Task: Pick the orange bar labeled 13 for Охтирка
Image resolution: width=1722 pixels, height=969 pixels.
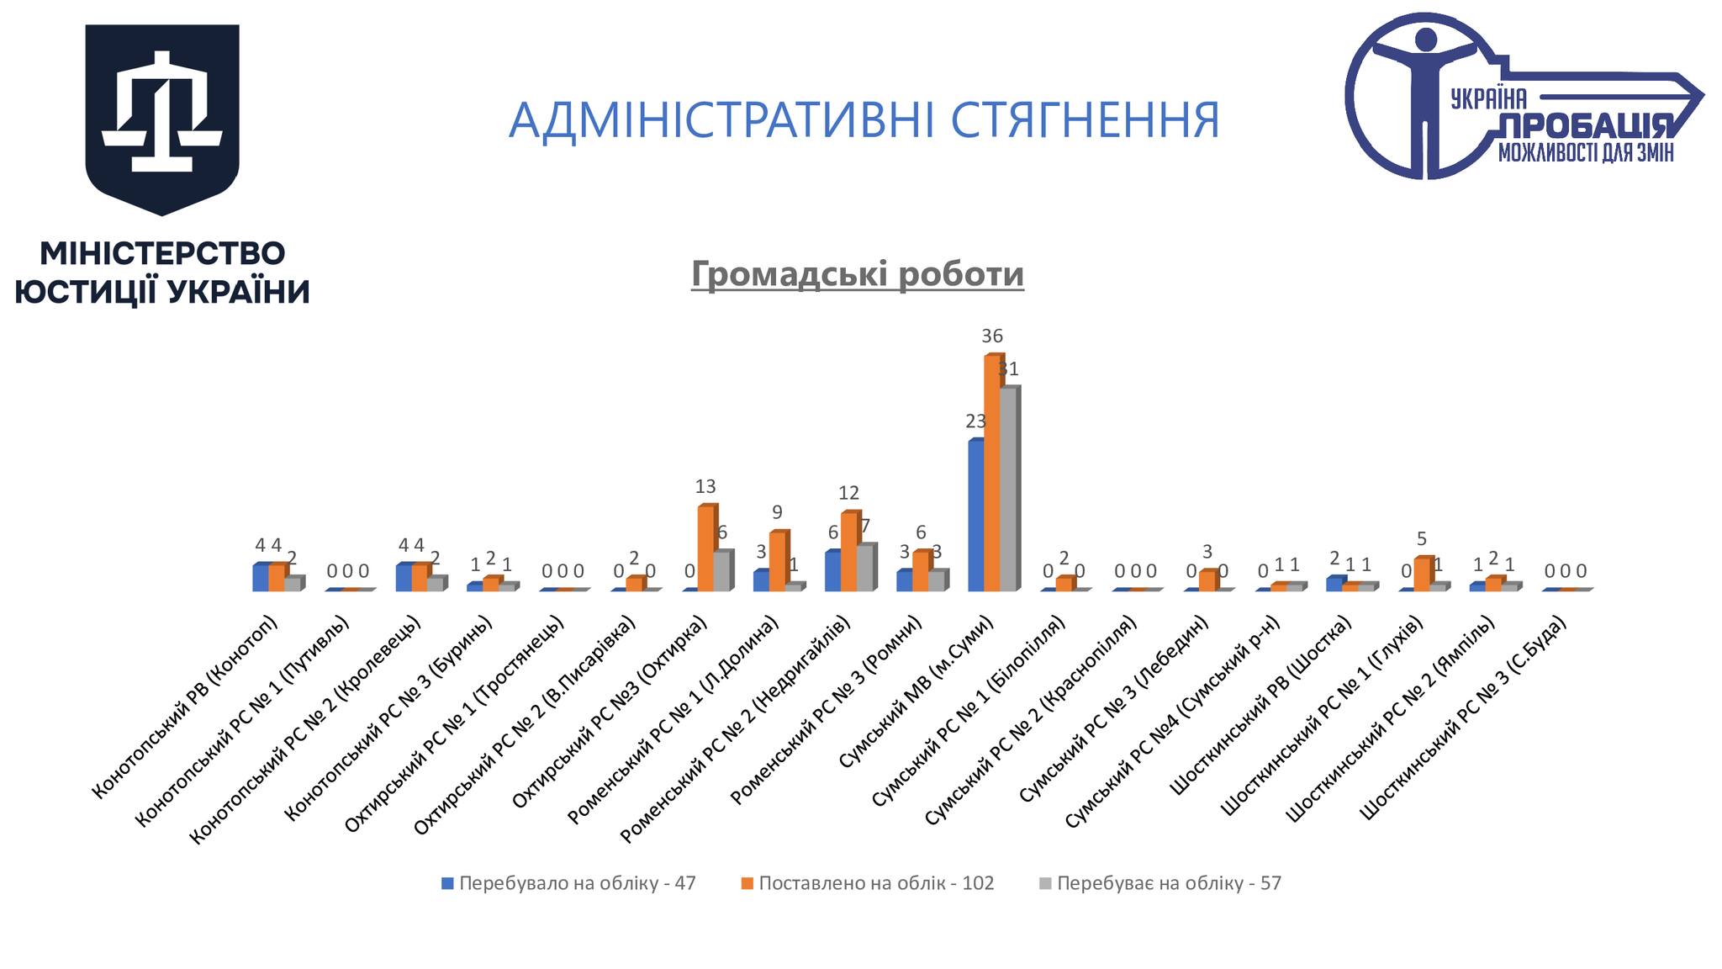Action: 705,548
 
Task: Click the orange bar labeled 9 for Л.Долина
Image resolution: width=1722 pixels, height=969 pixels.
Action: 778,561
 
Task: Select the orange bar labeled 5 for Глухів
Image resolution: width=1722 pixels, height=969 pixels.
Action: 1422,574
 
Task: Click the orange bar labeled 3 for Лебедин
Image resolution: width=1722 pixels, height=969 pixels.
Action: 1207,580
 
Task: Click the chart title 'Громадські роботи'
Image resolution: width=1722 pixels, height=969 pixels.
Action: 858,274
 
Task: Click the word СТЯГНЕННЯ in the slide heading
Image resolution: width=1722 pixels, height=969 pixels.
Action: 1085,119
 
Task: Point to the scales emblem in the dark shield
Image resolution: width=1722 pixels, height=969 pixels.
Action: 162,108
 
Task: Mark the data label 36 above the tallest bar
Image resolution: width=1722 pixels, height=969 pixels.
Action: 992,336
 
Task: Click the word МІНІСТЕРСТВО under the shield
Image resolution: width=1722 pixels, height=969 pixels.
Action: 162,253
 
